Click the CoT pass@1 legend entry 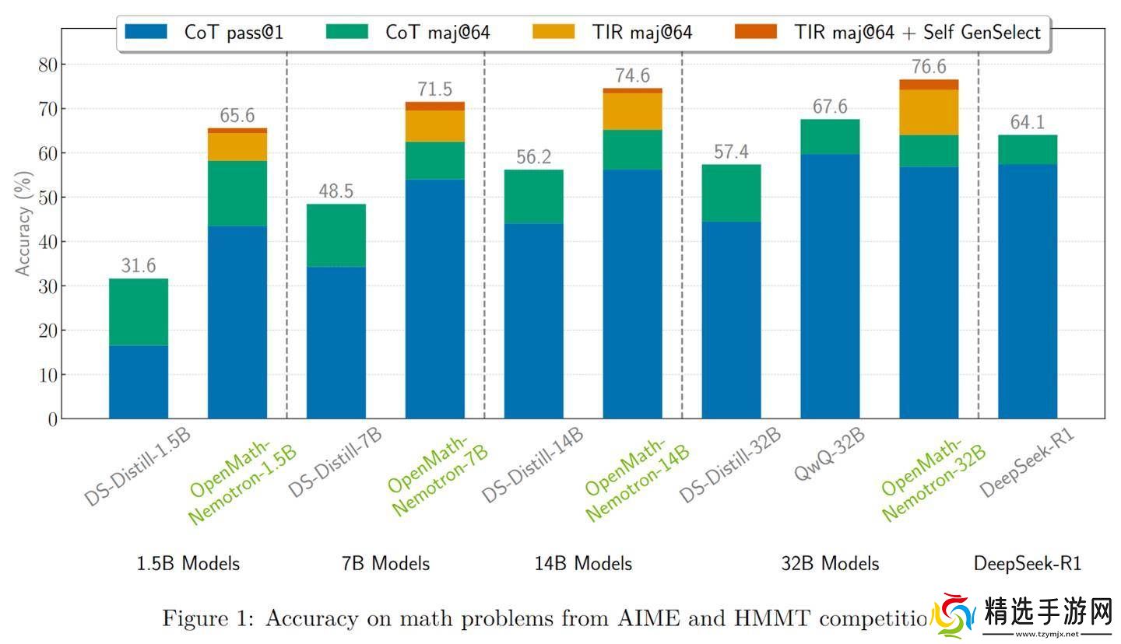[x=203, y=32]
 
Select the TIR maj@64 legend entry [x=612, y=32]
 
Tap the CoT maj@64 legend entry [x=408, y=32]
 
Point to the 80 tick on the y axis [x=47, y=64]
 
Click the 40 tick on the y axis [x=47, y=242]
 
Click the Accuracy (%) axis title [x=23, y=224]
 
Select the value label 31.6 [x=139, y=266]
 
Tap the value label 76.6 [x=929, y=67]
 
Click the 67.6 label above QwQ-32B [x=830, y=107]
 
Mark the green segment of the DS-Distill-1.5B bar [x=139, y=312]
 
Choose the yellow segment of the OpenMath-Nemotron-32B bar [x=929, y=112]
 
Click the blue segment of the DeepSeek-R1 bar [x=1028, y=291]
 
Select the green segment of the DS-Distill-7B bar [x=336, y=236]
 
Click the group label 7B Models [x=385, y=564]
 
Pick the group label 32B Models [x=830, y=564]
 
